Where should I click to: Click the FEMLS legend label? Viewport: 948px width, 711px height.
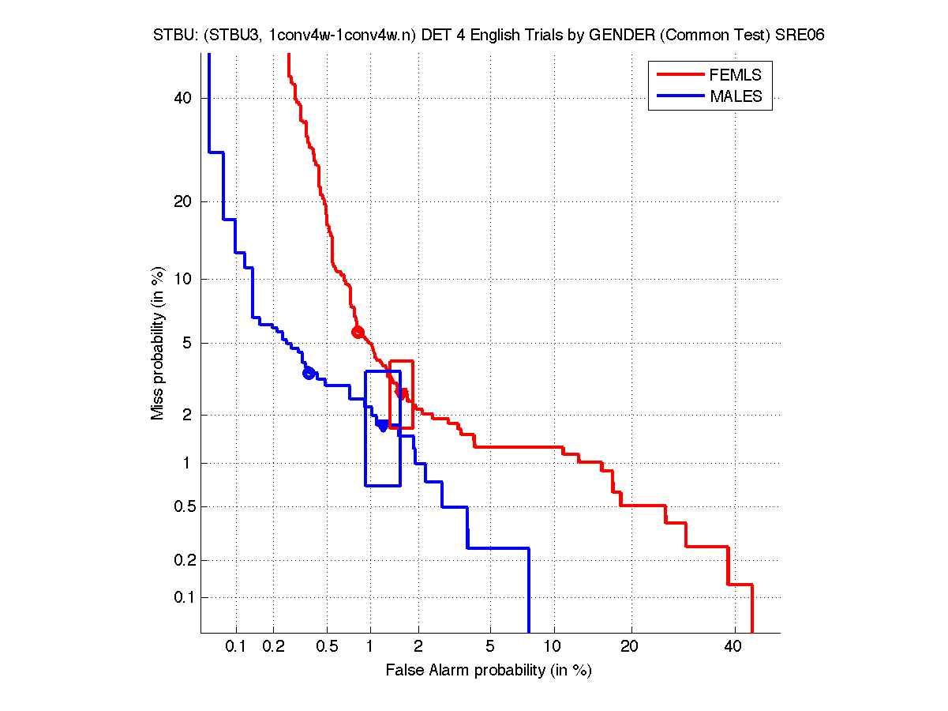tap(736, 75)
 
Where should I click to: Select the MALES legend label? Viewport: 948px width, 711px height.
tap(736, 96)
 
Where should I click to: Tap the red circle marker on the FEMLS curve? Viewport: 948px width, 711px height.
tap(358, 332)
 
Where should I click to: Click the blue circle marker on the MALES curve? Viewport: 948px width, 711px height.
tap(309, 373)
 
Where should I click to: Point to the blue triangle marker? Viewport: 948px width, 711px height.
tap(382, 426)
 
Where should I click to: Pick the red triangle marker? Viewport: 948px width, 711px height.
tap(402, 393)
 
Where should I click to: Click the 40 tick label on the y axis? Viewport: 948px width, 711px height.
tap(183, 98)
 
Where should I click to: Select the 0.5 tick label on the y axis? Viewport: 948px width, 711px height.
tap(180, 506)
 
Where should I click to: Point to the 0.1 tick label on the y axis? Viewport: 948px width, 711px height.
tap(180, 597)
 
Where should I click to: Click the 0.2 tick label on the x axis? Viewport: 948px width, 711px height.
tap(273, 647)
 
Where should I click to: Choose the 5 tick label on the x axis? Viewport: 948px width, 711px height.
tap(490, 647)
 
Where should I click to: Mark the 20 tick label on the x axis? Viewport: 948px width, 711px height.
tap(629, 647)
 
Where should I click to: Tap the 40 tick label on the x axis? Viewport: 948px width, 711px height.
tap(733, 647)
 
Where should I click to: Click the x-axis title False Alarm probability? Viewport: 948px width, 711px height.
tap(489, 671)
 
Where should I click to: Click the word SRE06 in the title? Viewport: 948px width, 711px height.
tap(800, 36)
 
